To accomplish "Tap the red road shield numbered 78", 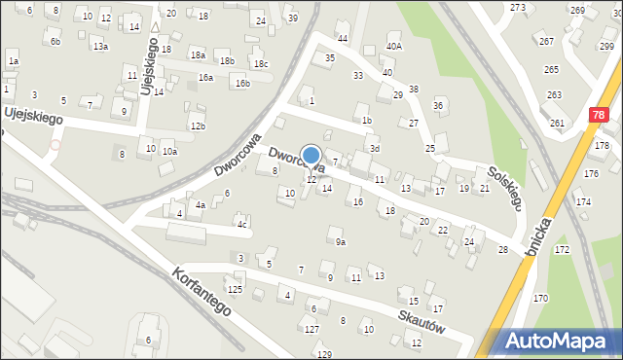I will point(596,114).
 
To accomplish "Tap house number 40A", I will point(393,46).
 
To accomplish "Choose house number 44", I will point(343,38).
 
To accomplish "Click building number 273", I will point(518,8).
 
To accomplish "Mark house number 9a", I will point(340,242).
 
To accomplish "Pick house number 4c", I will point(242,225).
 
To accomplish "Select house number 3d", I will point(374,148).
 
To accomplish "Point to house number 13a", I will point(100,47).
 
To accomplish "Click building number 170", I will point(540,298).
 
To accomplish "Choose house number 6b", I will point(55,42).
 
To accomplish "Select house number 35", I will point(330,58).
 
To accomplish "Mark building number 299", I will point(606,47).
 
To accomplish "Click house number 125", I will point(235,290).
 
